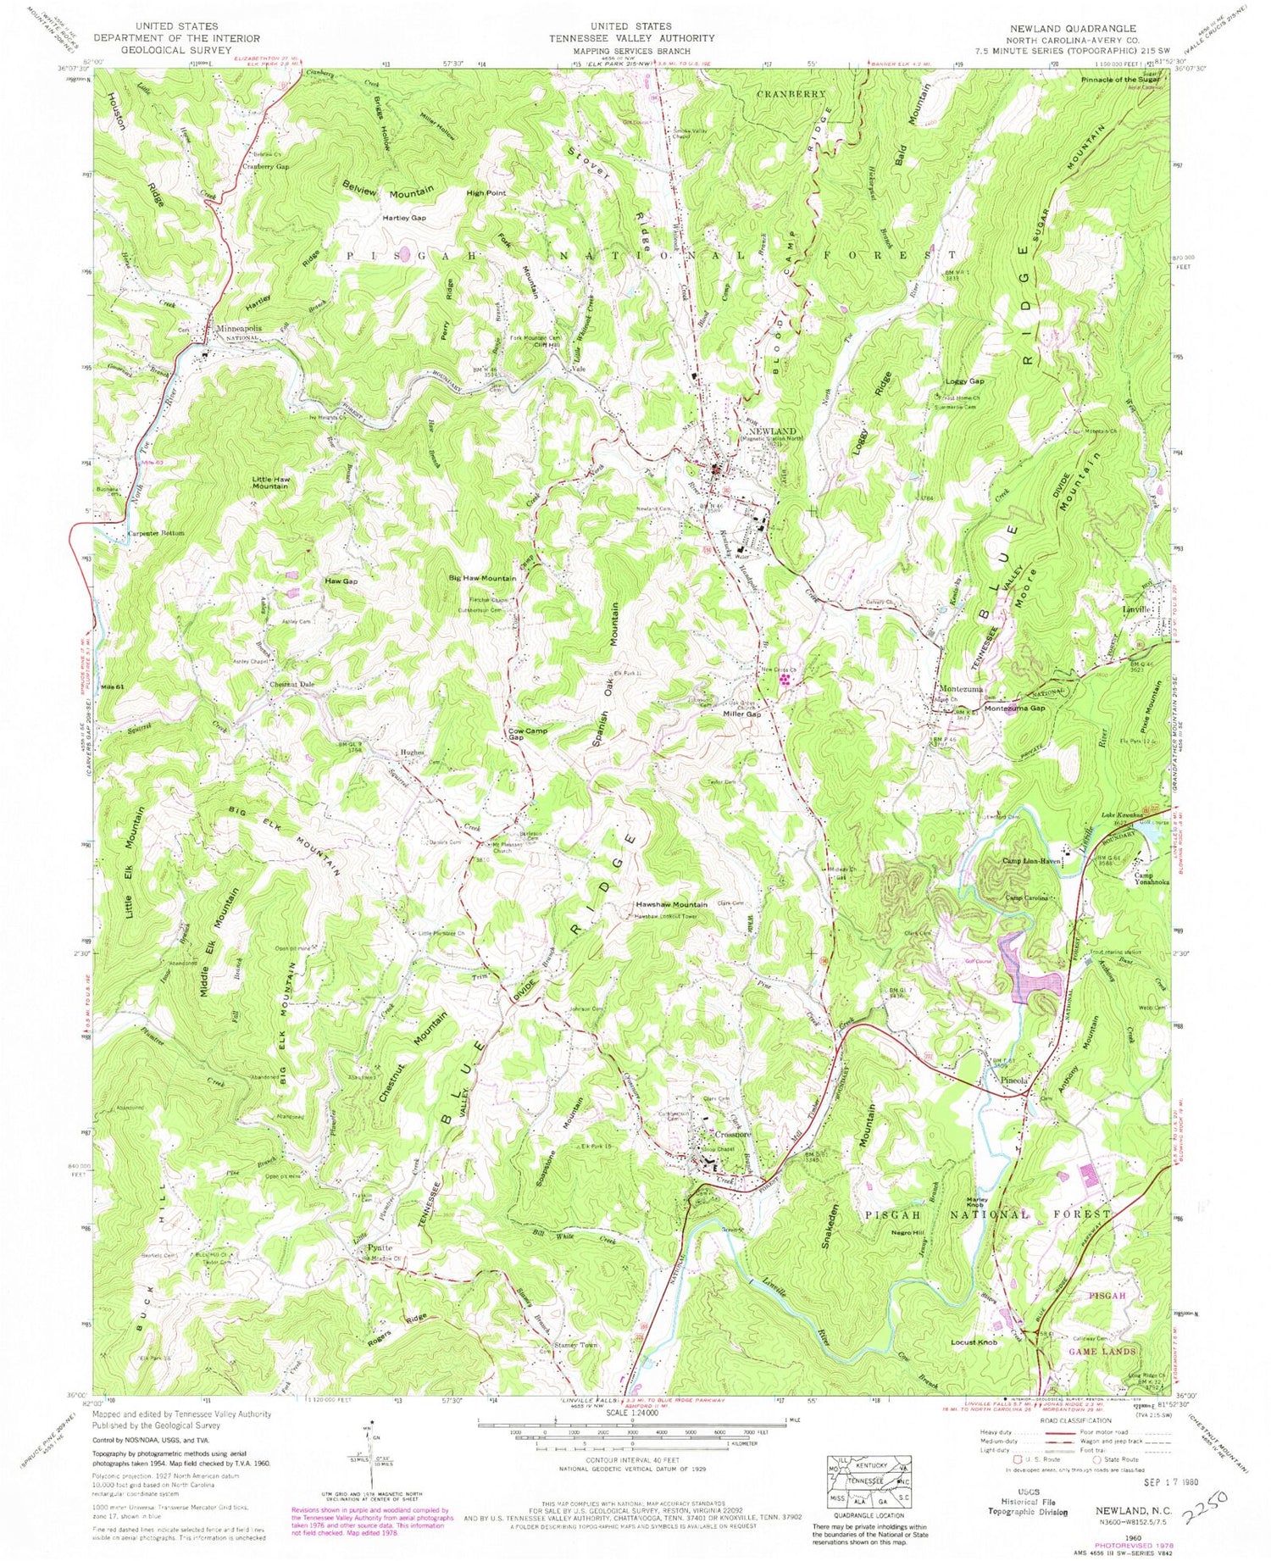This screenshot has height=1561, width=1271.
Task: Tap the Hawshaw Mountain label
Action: pos(672,905)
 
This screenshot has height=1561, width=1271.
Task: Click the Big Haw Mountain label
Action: pos(482,578)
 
